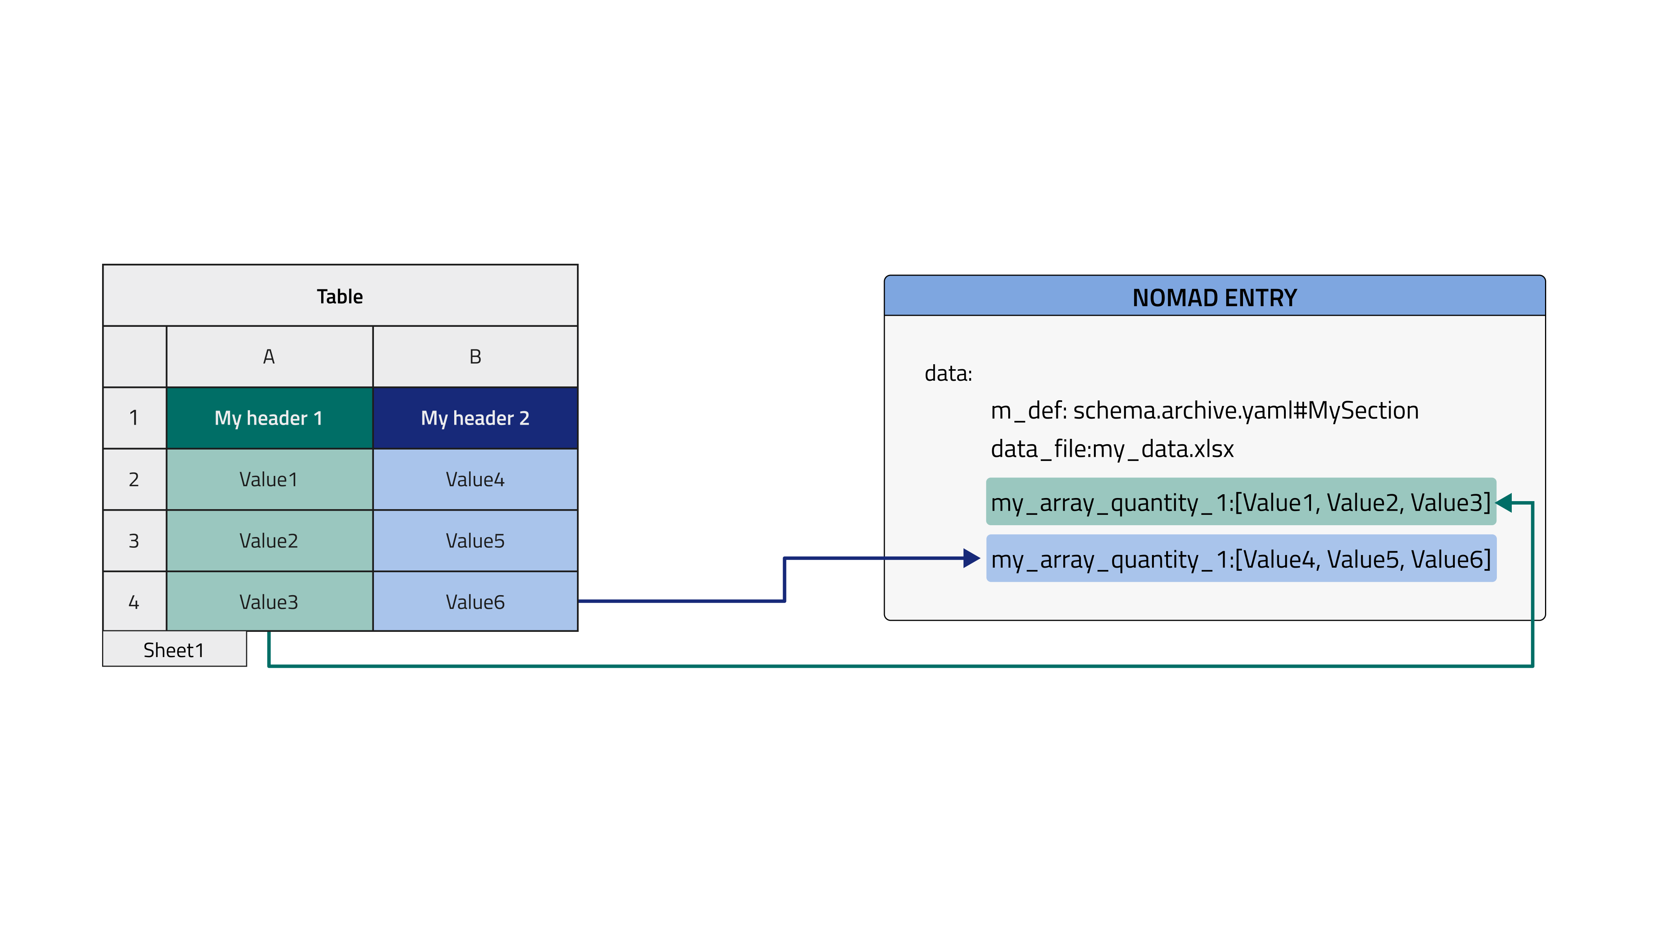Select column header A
click(269, 357)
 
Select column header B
click(475, 357)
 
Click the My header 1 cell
click(269, 418)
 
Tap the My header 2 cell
click(475, 418)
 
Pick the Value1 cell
click(269, 479)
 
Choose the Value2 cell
click(269, 540)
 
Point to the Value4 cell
click(475, 479)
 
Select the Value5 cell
click(475, 540)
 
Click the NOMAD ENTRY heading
click(1214, 297)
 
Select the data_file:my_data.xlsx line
click(1112, 449)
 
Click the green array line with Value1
click(1240, 502)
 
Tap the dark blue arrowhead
click(971, 558)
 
